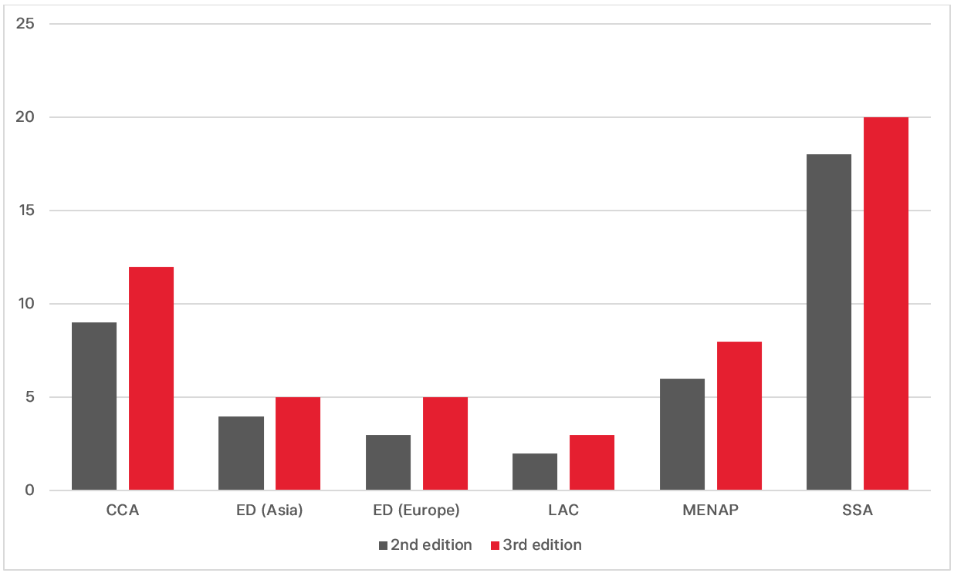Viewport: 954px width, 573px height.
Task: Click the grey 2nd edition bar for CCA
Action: [x=94, y=406]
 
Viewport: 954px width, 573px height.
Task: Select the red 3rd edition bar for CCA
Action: [x=151, y=379]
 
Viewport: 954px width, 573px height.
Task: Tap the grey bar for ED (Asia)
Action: [x=241, y=453]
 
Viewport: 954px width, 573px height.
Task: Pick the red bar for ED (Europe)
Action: [x=445, y=444]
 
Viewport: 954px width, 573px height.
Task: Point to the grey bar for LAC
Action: [x=535, y=472]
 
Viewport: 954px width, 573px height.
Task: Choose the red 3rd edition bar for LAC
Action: [x=592, y=463]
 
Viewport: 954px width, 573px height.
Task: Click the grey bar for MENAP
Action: [x=682, y=434]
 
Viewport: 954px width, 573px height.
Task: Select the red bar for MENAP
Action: [x=739, y=416]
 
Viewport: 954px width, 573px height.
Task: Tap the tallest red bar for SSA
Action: [x=886, y=304]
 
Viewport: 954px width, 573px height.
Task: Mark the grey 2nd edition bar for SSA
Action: [x=829, y=322]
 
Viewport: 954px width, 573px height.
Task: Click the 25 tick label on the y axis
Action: [x=25, y=24]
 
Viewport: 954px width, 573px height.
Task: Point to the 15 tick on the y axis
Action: [x=25, y=211]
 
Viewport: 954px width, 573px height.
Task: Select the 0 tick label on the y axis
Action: [x=30, y=490]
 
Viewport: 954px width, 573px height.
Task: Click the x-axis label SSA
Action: [x=858, y=511]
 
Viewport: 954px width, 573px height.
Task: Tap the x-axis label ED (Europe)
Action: [x=417, y=511]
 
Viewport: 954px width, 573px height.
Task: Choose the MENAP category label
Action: [x=711, y=511]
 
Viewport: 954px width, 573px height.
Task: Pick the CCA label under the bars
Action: [x=123, y=511]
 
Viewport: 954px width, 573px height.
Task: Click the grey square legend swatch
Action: [x=382, y=545]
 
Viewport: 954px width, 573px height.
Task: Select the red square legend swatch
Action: [x=495, y=545]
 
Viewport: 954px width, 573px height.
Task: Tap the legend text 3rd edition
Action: [x=542, y=545]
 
